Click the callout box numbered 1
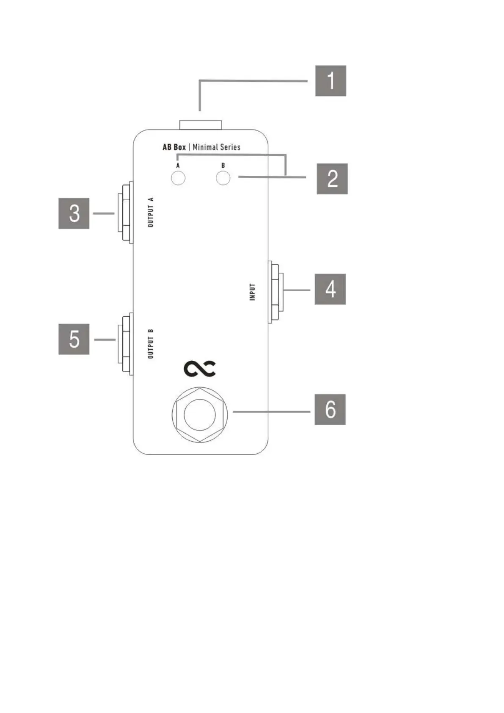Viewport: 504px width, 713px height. coord(330,80)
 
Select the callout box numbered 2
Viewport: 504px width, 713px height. coord(332,179)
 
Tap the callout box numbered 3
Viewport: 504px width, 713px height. coord(74,213)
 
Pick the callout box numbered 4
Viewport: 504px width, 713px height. coord(330,289)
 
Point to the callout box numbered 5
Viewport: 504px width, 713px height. coord(74,339)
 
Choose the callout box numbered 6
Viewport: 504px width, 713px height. coord(330,409)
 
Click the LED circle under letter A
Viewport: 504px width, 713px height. coord(178,178)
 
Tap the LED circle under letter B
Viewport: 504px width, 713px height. coord(223,178)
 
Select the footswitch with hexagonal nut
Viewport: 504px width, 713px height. coord(199,414)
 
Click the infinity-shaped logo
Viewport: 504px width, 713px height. coord(200,369)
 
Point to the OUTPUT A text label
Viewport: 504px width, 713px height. coord(151,212)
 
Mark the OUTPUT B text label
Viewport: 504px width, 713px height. coord(151,344)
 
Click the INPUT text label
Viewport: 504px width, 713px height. coord(253,292)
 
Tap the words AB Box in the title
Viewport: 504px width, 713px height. coord(174,147)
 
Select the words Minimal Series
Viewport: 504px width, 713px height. coord(216,147)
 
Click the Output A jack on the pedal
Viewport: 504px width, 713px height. coord(125,213)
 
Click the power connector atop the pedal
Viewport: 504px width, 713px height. coord(201,124)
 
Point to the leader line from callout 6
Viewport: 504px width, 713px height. coord(271,411)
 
